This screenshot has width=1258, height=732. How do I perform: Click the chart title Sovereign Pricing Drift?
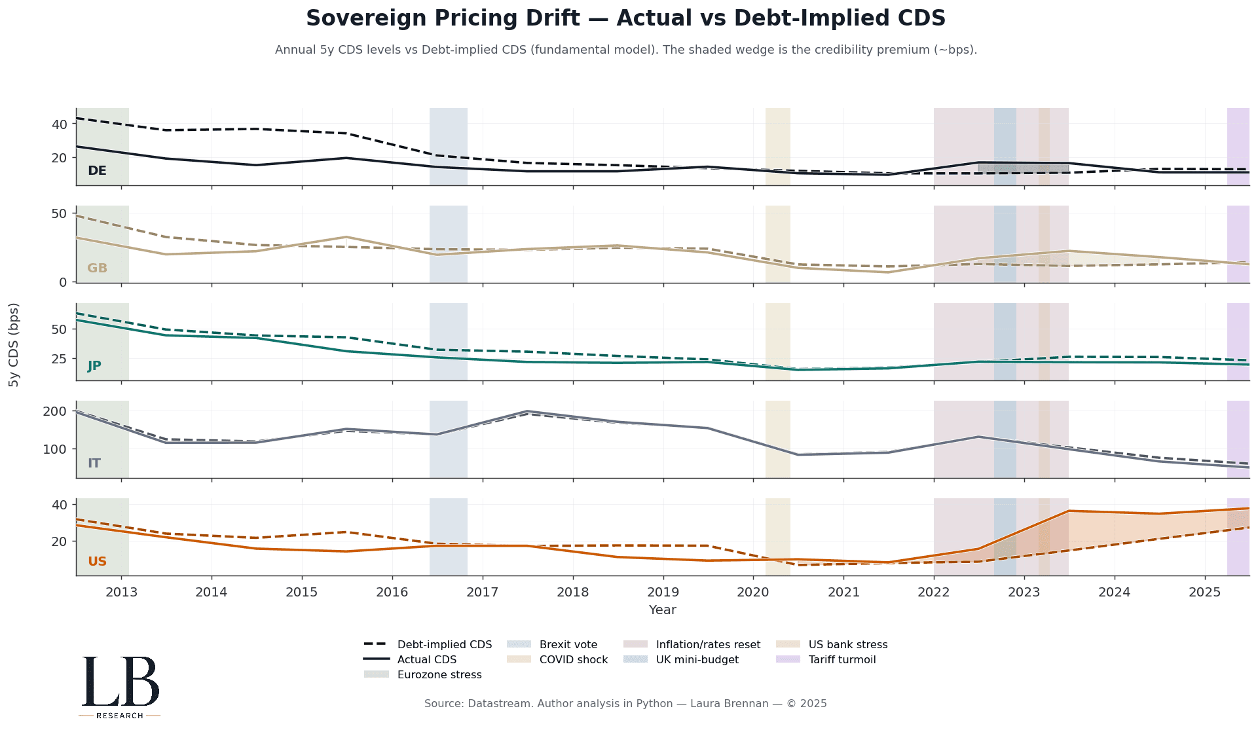coord(625,18)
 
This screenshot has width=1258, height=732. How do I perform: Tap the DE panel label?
coord(97,171)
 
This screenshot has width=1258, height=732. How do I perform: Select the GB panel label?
coord(97,268)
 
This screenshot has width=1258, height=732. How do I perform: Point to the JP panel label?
coord(94,366)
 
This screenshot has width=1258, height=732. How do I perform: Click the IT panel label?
coord(94,464)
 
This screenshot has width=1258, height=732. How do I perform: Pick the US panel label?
coord(97,562)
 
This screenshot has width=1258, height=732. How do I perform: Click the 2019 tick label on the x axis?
coord(663,593)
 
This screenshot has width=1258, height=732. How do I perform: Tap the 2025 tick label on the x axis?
coord(1204,593)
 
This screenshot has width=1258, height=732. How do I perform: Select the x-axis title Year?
coord(662,610)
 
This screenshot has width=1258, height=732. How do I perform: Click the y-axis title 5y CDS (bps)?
coord(14,344)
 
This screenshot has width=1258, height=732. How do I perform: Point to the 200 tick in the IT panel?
coord(55,411)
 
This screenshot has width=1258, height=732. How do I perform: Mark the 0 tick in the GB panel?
coord(63,282)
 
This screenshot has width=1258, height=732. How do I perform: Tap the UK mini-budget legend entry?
coord(697,660)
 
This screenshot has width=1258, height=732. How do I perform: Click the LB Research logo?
coord(120,686)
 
